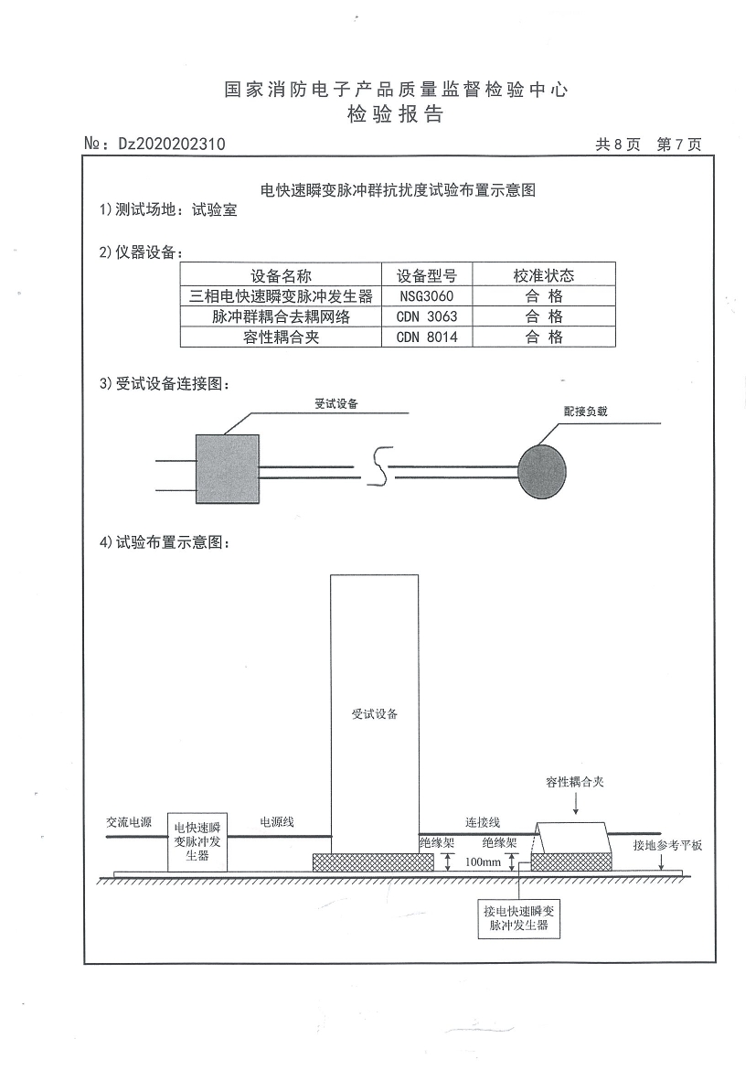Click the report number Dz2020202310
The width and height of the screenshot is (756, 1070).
click(x=171, y=144)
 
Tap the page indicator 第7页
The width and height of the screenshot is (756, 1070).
click(x=679, y=144)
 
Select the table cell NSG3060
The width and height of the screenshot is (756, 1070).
click(x=426, y=296)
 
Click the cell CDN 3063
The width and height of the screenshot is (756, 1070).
click(x=426, y=316)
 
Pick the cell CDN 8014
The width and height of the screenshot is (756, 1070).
click(x=426, y=337)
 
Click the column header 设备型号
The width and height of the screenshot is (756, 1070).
click(x=426, y=275)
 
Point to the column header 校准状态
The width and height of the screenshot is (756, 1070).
click(x=544, y=275)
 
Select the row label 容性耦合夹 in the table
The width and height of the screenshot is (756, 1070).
click(x=282, y=337)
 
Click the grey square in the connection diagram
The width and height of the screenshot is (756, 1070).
click(x=228, y=469)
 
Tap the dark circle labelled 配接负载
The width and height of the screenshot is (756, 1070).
click(x=542, y=471)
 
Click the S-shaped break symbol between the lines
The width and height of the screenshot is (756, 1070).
click(x=381, y=466)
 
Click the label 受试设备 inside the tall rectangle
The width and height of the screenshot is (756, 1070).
click(x=374, y=713)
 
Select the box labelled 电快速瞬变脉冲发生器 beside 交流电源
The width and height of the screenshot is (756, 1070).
click(x=197, y=842)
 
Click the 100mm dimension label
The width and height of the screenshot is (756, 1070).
click(x=483, y=861)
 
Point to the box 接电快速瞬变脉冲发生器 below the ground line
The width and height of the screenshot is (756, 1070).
click(x=518, y=918)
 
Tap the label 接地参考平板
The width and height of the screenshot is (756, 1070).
click(x=667, y=846)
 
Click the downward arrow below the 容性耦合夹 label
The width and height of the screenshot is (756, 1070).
click(x=575, y=803)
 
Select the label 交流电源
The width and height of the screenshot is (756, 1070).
click(x=129, y=822)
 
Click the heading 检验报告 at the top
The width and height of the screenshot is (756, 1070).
click(x=396, y=114)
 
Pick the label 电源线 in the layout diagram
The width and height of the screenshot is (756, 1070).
click(x=277, y=822)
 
